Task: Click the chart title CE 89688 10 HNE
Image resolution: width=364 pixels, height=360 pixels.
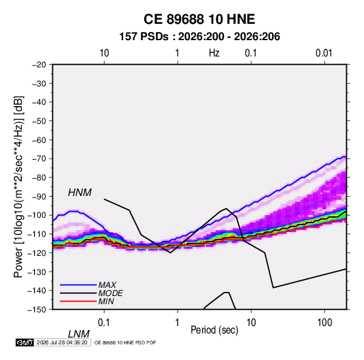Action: click(x=199, y=19)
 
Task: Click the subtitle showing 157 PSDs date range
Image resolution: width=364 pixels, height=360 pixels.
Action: click(x=199, y=37)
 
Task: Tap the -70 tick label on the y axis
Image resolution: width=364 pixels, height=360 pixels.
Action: click(x=39, y=159)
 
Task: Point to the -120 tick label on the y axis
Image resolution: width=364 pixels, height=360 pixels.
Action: click(x=37, y=252)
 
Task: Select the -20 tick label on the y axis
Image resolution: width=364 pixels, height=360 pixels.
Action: click(x=39, y=65)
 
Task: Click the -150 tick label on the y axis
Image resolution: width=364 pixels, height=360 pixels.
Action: click(x=37, y=310)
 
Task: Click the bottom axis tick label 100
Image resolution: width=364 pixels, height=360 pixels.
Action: click(x=325, y=323)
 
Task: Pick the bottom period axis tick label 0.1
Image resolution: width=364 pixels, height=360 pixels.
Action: click(x=104, y=323)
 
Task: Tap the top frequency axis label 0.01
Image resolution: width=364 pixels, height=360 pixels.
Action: click(x=324, y=53)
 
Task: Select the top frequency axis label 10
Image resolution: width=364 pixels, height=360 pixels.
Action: click(x=104, y=53)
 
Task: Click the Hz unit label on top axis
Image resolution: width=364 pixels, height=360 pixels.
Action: click(x=214, y=53)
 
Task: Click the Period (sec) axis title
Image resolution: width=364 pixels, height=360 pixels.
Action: click(x=214, y=330)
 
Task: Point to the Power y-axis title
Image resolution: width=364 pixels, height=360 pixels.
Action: click(x=18, y=187)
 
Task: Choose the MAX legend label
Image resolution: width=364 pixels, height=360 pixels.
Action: click(x=107, y=285)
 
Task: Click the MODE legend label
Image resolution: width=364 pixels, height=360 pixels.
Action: click(x=110, y=293)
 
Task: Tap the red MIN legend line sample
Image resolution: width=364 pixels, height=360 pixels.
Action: click(x=78, y=301)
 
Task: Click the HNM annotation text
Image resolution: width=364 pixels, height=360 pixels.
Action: click(x=80, y=193)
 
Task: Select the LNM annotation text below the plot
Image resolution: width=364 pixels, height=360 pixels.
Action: click(x=79, y=334)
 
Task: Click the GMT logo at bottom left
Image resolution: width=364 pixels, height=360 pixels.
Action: click(x=25, y=342)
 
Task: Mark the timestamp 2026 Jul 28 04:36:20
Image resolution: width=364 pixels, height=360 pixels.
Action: click(x=62, y=342)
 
